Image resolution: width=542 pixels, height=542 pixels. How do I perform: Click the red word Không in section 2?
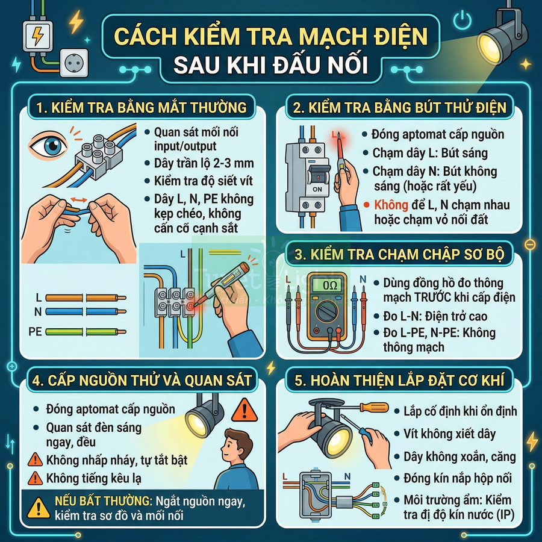click(x=391, y=205)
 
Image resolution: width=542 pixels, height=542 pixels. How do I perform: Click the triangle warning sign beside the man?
click(x=244, y=410)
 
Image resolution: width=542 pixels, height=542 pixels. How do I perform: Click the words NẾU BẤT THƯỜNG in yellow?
click(x=93, y=501)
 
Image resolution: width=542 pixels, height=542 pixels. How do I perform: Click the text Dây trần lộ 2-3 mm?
click(x=203, y=163)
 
